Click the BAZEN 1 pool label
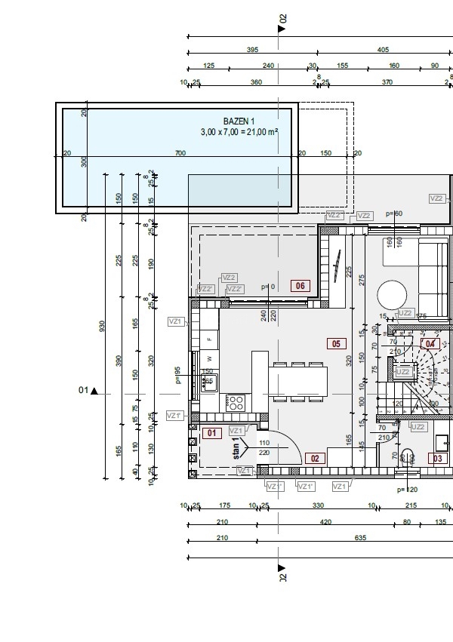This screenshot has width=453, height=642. (x=239, y=121)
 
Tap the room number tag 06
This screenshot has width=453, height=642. (x=300, y=286)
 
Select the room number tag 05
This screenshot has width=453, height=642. (x=336, y=344)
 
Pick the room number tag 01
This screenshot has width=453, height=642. (x=211, y=433)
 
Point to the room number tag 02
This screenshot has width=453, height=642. (x=315, y=458)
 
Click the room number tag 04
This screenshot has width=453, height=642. (x=430, y=343)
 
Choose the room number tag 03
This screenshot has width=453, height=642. (x=436, y=458)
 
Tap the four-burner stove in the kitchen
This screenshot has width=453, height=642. (x=236, y=401)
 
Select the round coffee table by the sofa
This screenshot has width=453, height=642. (x=393, y=293)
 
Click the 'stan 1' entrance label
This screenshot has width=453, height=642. (x=236, y=448)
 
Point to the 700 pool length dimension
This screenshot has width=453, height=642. (x=180, y=153)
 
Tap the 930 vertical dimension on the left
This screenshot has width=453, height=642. (x=103, y=325)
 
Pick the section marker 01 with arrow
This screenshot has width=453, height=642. (x=88, y=391)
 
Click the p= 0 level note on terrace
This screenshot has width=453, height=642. (x=267, y=287)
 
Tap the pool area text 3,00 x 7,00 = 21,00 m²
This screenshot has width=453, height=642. (x=239, y=132)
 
